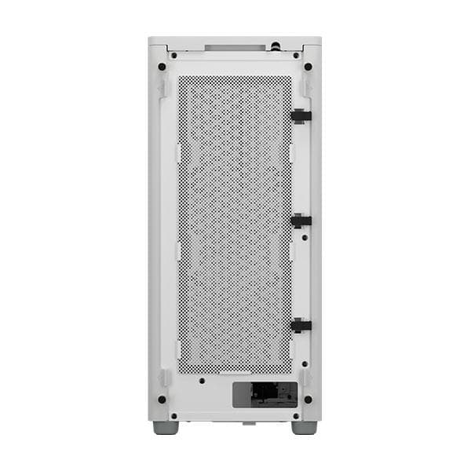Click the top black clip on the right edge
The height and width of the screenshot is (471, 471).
coord(301,115)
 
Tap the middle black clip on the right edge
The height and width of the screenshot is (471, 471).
coord(301,221)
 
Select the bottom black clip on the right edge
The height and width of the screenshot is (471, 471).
coord(301,324)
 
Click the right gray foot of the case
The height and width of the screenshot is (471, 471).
coord(304,428)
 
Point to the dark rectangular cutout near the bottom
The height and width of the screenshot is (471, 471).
coord(265,395)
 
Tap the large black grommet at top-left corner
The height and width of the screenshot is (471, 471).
coord(162,67)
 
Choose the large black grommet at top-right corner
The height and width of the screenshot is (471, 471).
coord(307,67)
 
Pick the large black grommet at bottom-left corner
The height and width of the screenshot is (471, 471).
coord(162,399)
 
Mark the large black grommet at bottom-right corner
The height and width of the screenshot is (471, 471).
coord(307,399)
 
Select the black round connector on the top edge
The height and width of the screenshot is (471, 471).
coord(277,46)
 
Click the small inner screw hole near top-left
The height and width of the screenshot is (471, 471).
coord(173,56)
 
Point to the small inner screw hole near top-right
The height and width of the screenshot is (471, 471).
coord(295,56)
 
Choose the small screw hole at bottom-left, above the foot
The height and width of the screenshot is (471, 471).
coord(173,415)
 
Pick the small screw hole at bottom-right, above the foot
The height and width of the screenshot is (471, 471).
coord(295,415)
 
